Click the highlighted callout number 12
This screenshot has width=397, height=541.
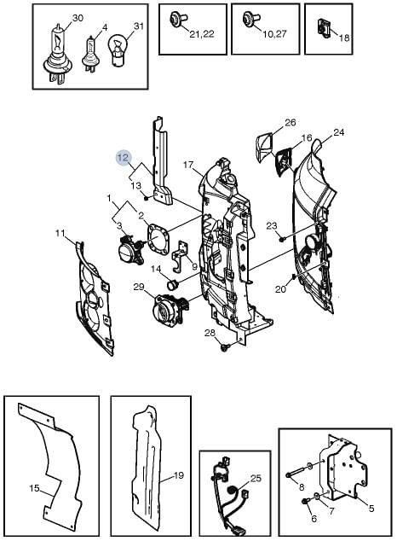coord(123,158)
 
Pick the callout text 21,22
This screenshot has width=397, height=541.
coord(202,34)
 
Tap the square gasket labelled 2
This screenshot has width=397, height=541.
coord(158,238)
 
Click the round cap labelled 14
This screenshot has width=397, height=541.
coord(171,285)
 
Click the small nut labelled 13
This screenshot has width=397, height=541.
coord(146,198)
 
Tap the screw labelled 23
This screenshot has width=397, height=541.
coord(282,238)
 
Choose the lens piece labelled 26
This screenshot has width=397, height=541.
coord(263,147)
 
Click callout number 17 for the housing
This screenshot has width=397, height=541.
coord(188,165)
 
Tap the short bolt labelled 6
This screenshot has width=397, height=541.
coord(304,502)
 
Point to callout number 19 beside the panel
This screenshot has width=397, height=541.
coord(179,475)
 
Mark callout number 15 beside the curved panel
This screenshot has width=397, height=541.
coord(34,489)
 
